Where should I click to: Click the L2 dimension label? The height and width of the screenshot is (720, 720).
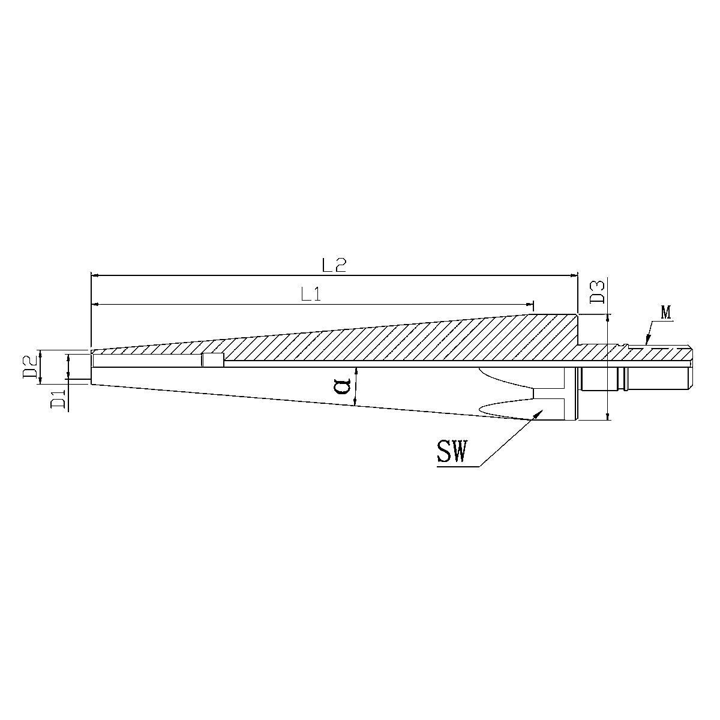(x=334, y=265)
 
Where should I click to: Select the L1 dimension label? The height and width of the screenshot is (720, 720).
(x=311, y=293)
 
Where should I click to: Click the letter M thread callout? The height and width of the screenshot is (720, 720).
(x=665, y=312)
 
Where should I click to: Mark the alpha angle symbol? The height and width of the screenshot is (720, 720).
(x=343, y=385)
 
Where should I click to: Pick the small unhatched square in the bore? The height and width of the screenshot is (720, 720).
(x=212, y=360)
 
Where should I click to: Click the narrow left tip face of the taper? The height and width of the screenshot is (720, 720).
(x=91, y=367)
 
